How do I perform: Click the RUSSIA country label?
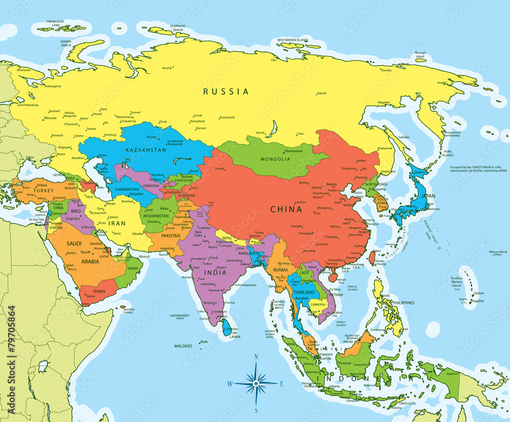226,92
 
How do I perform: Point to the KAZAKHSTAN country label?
146,150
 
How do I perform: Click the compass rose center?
256,383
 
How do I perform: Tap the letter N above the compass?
256,357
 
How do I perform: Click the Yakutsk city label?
321,93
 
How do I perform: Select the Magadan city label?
384,102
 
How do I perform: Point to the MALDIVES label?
183,346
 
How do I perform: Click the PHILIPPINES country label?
403,303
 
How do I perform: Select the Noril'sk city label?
167,68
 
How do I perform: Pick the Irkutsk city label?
260,133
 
